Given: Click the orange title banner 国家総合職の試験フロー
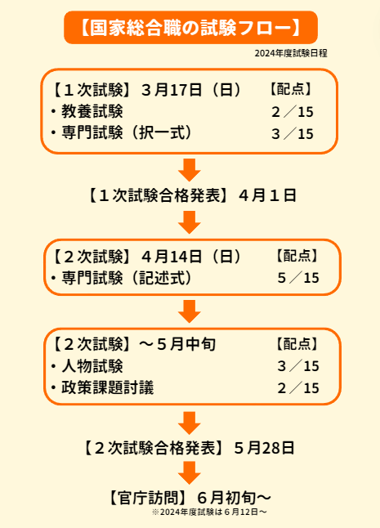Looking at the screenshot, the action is pos(190,27).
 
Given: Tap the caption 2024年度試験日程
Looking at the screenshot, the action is pos(291,53).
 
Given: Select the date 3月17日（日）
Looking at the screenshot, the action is pos(191,90).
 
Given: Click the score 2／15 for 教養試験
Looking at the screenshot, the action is pos(293,112).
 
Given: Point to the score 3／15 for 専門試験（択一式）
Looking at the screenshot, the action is pos(293,134).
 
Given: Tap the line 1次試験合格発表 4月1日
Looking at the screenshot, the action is pos(191,195).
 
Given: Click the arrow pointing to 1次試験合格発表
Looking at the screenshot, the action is pos(190,170).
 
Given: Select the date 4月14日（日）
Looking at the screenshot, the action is pos(191,257).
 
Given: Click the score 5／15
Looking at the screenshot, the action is pos(298,278).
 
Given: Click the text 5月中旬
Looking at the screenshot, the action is pos(186,344).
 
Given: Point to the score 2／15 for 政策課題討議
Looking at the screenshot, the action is pos(298,388).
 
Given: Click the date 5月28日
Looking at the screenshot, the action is pos(264,448).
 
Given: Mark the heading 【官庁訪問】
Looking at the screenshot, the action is pos(148,498).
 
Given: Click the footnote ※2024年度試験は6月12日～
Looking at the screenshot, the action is pos(209,512).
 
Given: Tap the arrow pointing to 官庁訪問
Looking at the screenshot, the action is pos(190,472).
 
